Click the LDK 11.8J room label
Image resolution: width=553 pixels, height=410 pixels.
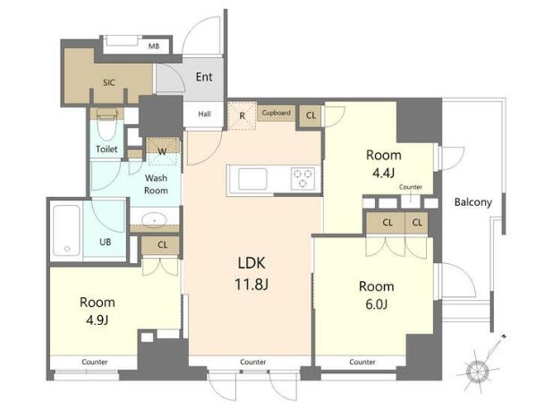pos(251,273)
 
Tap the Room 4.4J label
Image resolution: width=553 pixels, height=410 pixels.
pos(384,164)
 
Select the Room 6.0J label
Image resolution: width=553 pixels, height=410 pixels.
pos(377,295)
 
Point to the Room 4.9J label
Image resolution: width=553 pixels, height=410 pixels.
pos(98,311)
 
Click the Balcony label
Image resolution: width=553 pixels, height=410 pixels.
pos(473,202)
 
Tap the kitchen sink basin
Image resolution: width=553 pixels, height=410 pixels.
pos(252,179)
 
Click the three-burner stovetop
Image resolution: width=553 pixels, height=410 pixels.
pos(302,178)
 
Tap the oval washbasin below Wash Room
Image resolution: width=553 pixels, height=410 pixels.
pos(154,219)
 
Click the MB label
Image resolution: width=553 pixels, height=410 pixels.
pos(153,47)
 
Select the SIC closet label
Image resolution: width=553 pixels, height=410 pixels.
pos(109,82)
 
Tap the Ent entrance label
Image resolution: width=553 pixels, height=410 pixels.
pos(204,77)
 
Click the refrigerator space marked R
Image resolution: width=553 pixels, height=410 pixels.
pos(242,115)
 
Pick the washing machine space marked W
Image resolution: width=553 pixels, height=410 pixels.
pos(163,151)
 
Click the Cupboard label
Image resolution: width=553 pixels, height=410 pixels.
pos(276,113)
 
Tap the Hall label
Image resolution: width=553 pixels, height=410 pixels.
pos(205,114)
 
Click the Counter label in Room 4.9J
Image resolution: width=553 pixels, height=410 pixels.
pos(95,362)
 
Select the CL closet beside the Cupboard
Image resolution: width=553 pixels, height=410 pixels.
pos(311,115)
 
